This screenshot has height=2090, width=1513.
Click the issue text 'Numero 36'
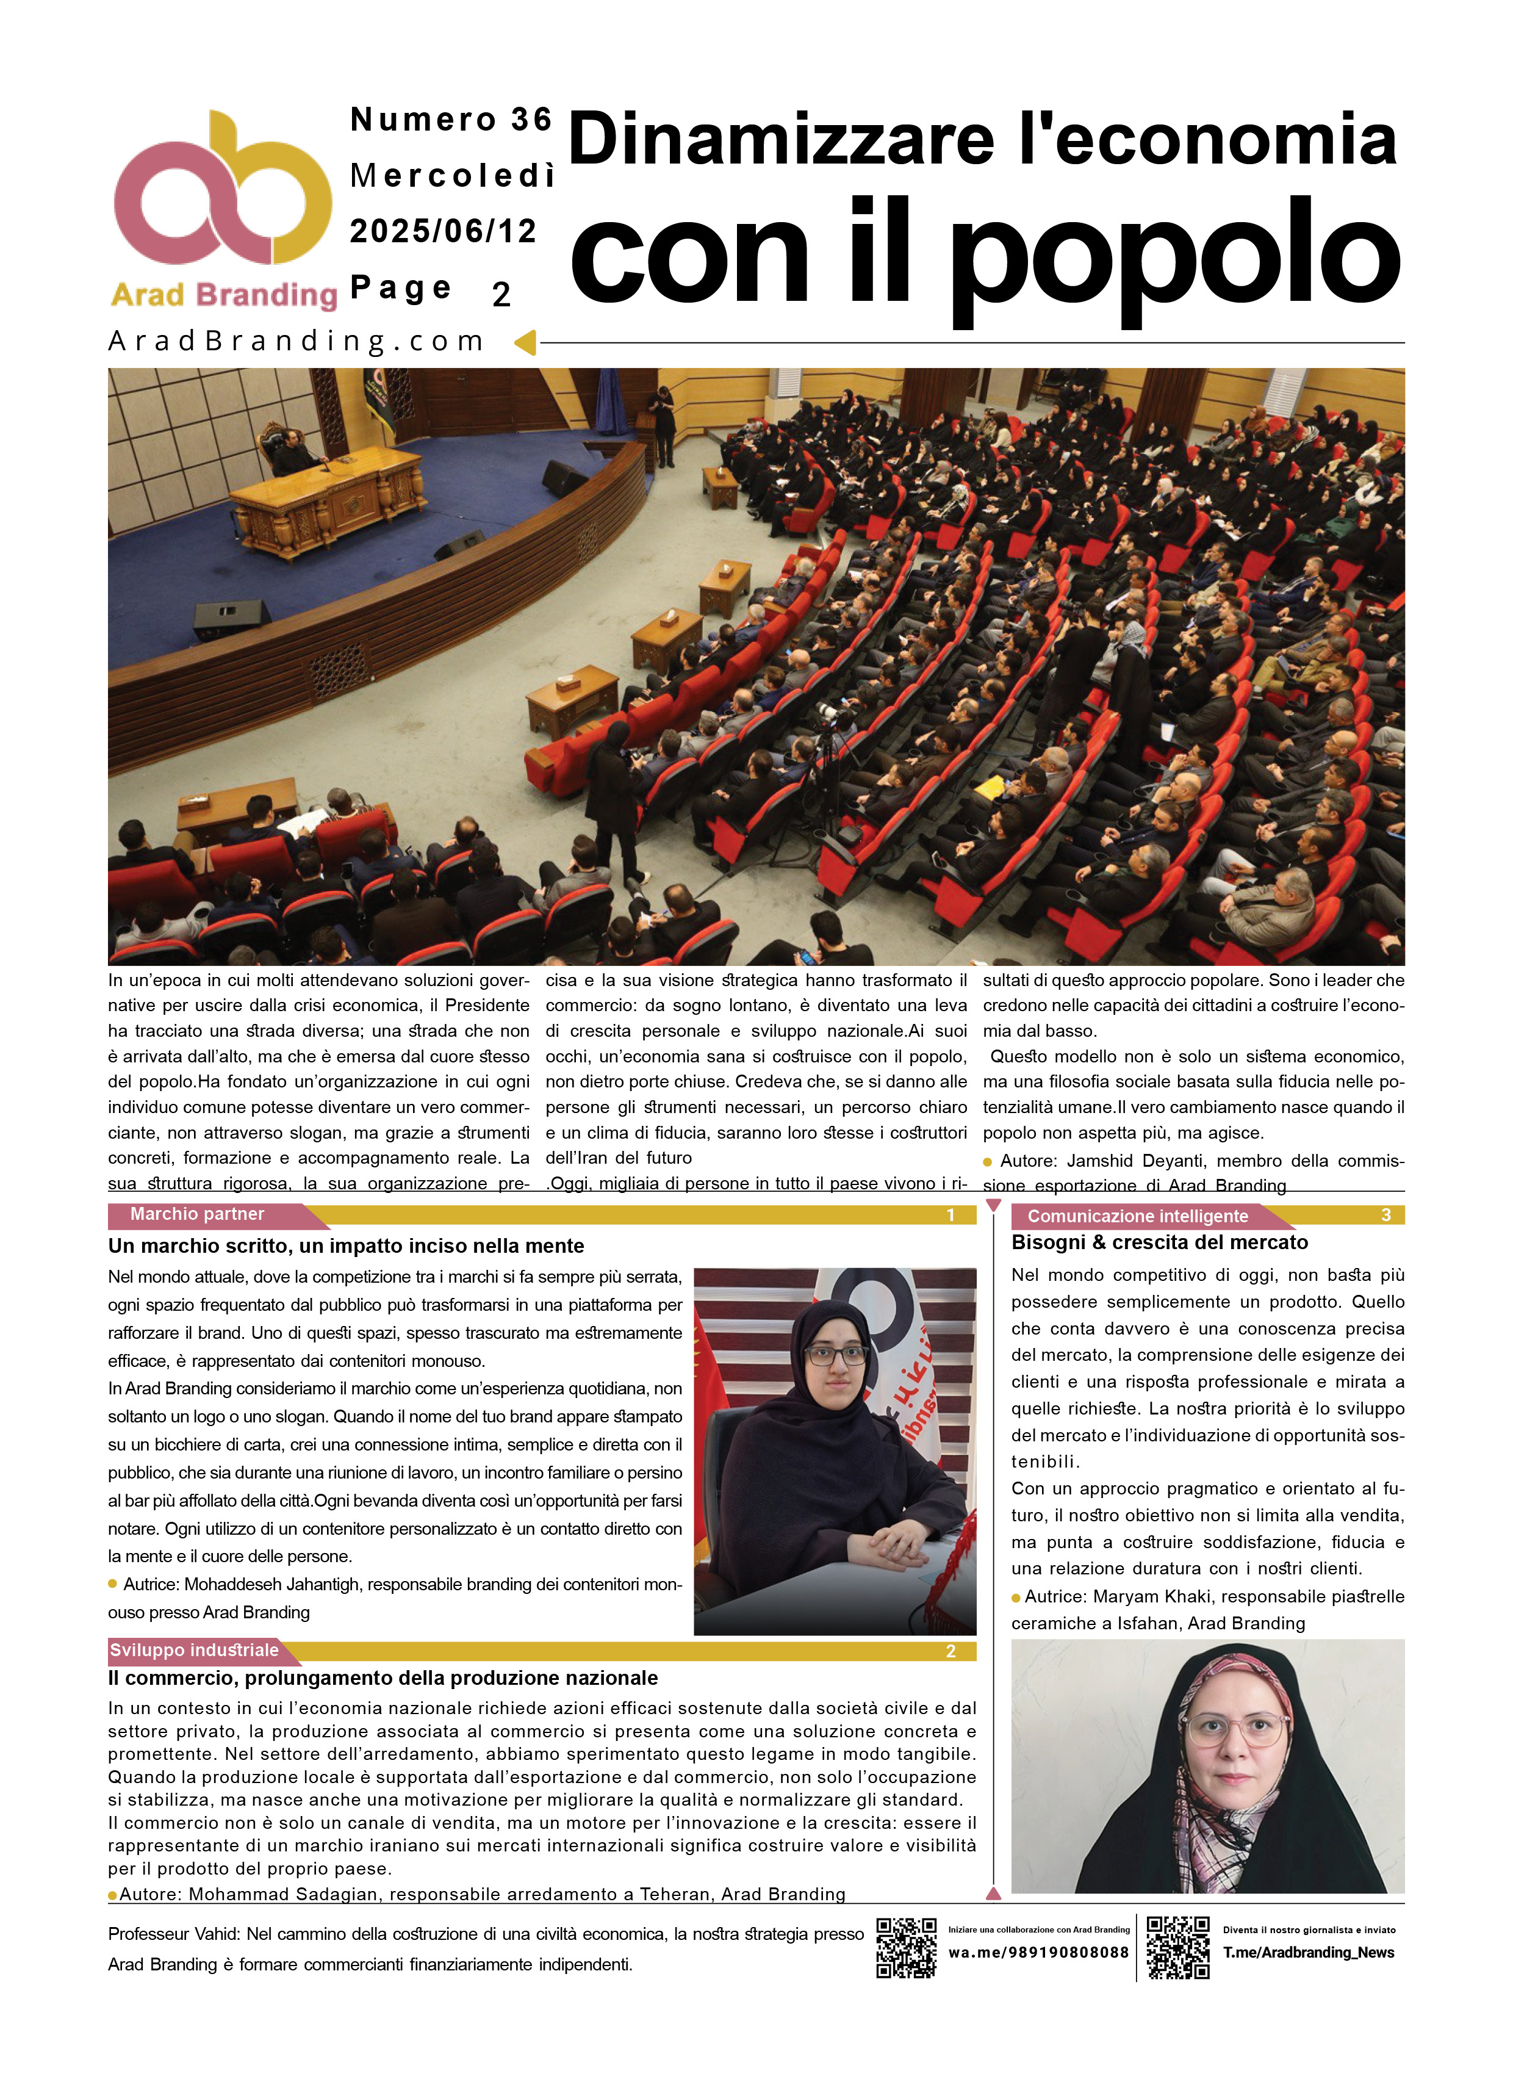[451, 120]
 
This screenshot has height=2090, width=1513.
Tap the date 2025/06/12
[443, 231]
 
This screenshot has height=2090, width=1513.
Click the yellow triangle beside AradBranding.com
[525, 343]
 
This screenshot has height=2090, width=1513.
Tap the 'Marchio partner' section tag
[197, 1214]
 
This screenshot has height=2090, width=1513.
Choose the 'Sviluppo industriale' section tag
[193, 1651]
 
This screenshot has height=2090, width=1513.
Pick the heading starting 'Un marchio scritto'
[345, 1246]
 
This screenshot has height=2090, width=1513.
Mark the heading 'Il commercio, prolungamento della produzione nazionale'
[383, 1678]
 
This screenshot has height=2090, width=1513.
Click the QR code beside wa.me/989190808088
[906, 1948]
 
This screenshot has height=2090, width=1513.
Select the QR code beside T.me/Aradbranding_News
[1177, 1948]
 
